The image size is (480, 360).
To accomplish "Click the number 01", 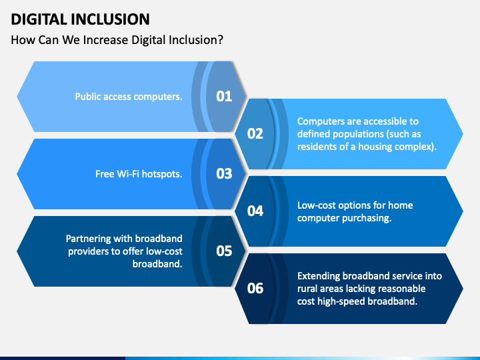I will tap(224, 96).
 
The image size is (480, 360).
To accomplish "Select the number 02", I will tap(255, 133).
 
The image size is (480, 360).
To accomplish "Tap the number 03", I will tap(224, 173).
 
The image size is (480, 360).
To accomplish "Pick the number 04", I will tap(255, 211).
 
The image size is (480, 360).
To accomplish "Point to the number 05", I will tap(224, 251).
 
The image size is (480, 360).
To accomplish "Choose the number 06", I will tap(255, 288).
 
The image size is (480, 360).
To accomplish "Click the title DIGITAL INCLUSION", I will tap(80, 19).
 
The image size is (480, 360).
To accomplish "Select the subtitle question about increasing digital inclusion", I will tap(117, 39).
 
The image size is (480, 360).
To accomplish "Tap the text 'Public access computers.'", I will tap(128, 97).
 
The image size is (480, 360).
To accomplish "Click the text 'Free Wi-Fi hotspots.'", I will tap(139, 174).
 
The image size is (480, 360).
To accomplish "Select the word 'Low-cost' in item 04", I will tap(317, 205).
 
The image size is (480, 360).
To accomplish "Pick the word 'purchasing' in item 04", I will tap(367, 218).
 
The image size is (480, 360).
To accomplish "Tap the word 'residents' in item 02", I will tap(317, 146).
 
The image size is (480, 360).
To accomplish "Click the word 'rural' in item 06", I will tap(308, 289).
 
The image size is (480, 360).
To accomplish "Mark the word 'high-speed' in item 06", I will tap(346, 301).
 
